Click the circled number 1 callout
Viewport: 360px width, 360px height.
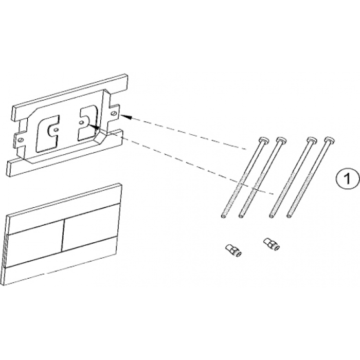[x=348, y=178]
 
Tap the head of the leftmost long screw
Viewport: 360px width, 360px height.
[x=263, y=139]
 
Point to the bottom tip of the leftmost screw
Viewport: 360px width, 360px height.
[x=223, y=216]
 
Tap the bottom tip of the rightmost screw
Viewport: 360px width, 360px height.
[x=289, y=216]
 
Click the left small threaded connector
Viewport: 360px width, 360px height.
[x=232, y=250]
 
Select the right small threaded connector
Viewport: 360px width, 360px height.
[x=272, y=244]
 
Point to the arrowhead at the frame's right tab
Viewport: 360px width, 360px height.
[x=125, y=117]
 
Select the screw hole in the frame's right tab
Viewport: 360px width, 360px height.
[x=113, y=113]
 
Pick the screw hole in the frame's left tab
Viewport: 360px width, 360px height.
[x=20, y=140]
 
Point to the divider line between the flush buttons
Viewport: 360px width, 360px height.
[x=62, y=235]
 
